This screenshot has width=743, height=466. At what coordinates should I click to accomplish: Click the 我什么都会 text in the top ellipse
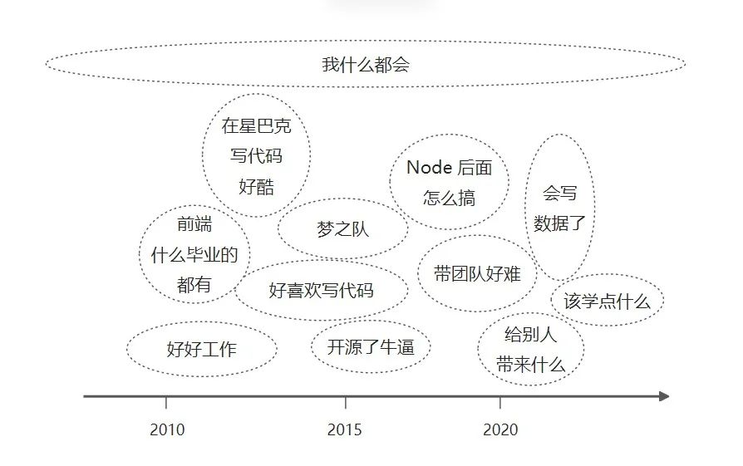[x=366, y=65]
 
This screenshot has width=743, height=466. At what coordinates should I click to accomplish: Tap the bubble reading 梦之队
[x=342, y=229]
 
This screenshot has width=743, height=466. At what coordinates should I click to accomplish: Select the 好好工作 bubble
[x=201, y=349]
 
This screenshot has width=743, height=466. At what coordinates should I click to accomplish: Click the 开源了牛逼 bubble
[x=371, y=346]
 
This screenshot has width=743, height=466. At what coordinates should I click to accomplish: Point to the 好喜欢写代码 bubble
[x=321, y=290]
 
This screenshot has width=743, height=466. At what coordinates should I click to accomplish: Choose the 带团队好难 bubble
[x=477, y=273]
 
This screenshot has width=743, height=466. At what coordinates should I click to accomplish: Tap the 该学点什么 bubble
[x=607, y=301]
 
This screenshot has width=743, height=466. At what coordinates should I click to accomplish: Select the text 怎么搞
[x=449, y=198]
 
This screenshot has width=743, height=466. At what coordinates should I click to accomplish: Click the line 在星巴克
[x=256, y=126]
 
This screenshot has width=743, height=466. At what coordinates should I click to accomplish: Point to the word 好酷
[x=256, y=186]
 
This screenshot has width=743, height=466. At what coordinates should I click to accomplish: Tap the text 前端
[x=194, y=224]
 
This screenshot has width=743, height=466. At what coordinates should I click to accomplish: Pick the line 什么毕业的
[x=194, y=255]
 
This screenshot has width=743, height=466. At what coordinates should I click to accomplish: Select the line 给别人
[x=530, y=335]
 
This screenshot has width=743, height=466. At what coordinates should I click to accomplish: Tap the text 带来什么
[x=530, y=365]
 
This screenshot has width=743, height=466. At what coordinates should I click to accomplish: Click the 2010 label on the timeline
[x=167, y=429]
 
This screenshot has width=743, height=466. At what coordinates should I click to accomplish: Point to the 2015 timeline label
[x=345, y=429]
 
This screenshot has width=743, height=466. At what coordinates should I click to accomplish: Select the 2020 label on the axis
[x=499, y=429]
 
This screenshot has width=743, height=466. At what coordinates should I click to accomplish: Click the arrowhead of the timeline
[x=663, y=396]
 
